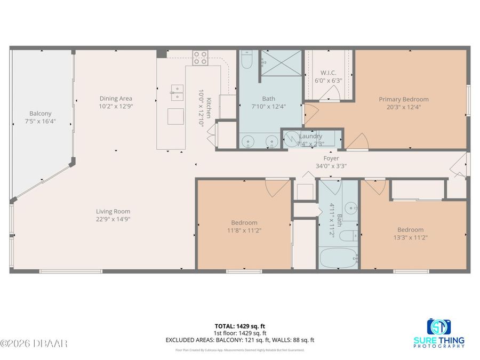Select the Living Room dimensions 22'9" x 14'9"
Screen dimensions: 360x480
(113, 219)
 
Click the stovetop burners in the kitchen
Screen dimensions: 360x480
(200, 58)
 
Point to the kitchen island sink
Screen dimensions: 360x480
(176, 92)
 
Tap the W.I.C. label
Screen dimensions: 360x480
(328, 73)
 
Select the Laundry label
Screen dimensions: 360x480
(310, 137)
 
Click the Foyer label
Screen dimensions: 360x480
(331, 158)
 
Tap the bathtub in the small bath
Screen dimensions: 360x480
(338, 258)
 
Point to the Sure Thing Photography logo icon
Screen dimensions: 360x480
(438, 326)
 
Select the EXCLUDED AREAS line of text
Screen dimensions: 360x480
(239, 339)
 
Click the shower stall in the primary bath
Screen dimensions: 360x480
(281, 63)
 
